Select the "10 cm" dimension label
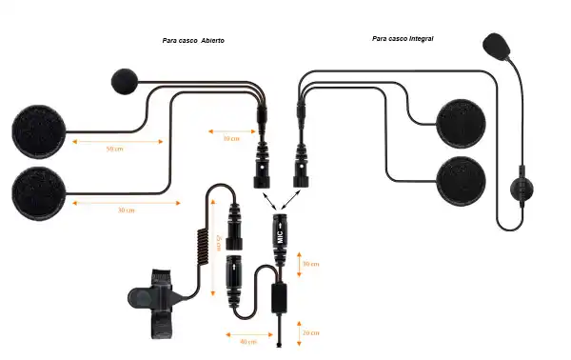click(230, 138)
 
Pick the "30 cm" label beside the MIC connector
click(310, 264)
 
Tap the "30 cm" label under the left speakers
click(125, 210)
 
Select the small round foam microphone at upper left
click(126, 82)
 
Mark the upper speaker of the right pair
click(463, 124)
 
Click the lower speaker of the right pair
click(462, 181)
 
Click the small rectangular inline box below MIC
click(280, 297)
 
